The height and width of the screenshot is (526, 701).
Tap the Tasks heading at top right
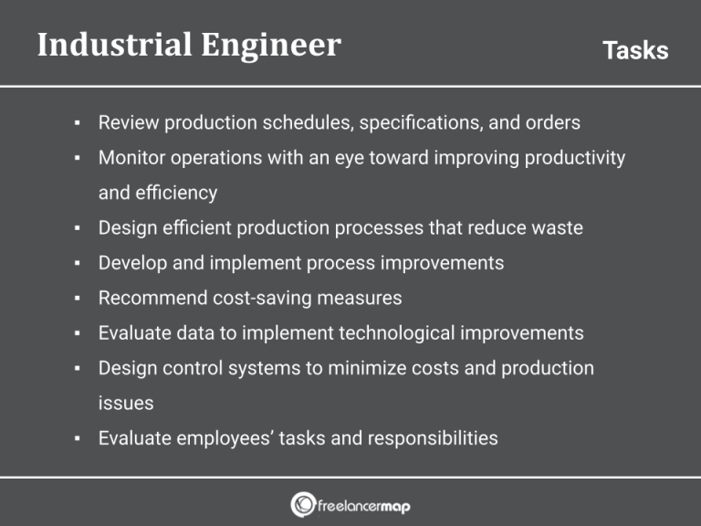(635, 51)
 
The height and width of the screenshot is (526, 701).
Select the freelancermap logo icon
(303, 504)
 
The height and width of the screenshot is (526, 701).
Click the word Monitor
(131, 158)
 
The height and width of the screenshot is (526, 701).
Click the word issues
(125, 403)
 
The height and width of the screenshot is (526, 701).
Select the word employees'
(218, 438)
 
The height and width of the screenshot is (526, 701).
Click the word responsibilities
(433, 438)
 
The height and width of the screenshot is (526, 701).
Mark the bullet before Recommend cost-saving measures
(78, 299)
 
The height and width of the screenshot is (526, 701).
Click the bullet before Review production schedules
(78, 122)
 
